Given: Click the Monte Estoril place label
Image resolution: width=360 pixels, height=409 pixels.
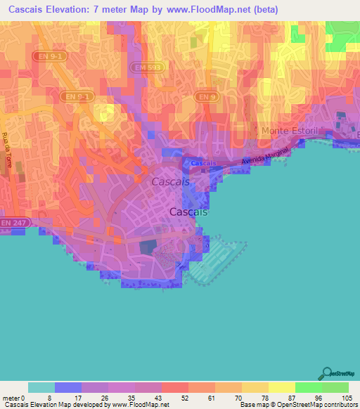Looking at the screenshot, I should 289,131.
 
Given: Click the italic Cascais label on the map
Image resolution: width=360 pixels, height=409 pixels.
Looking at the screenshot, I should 170,181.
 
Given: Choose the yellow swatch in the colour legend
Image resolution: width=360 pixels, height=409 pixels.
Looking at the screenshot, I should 281,387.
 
